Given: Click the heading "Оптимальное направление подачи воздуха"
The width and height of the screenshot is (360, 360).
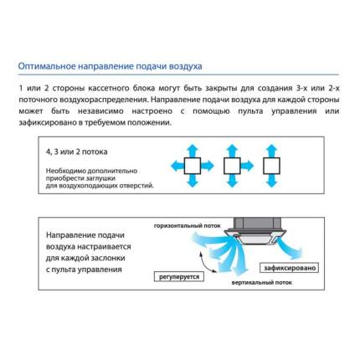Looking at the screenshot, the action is click(110, 66).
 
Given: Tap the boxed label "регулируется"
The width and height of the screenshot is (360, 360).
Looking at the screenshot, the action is click(179, 277).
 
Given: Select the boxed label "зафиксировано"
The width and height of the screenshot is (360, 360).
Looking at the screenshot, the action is click(290, 268).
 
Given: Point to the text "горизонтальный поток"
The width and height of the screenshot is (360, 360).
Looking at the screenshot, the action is click(188, 226).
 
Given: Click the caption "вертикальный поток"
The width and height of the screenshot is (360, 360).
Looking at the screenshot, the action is click(261, 283).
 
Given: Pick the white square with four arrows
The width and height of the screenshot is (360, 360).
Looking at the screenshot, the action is click(193, 166).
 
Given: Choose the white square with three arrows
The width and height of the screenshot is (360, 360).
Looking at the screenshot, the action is click(232, 166).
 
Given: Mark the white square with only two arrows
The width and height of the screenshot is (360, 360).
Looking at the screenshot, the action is click(271, 166).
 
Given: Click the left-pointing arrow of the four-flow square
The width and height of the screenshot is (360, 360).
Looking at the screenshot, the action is click(177, 166).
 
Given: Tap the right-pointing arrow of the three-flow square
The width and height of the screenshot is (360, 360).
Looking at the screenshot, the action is click(247, 166).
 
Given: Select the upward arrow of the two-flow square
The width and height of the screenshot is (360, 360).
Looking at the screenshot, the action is click(271, 151).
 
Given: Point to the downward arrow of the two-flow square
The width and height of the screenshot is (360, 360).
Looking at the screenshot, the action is click(271, 181).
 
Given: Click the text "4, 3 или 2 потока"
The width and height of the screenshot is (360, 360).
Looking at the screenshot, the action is click(76, 152).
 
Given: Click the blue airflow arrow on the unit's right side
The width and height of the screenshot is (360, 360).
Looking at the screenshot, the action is click(289, 248).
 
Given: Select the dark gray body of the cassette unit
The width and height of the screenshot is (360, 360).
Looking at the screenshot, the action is click(257, 223).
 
